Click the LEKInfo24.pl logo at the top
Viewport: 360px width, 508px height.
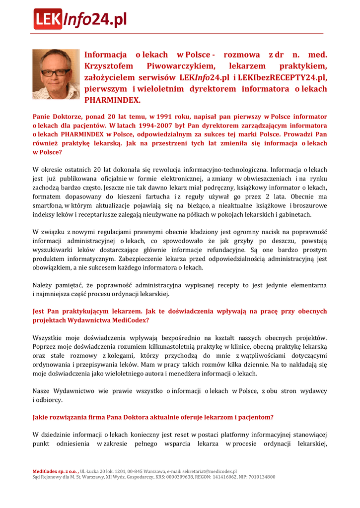pos(80,19)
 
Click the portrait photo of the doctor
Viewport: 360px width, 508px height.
pos(56,74)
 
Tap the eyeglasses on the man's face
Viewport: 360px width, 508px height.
pos(56,72)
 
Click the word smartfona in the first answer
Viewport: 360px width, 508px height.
pos(49,205)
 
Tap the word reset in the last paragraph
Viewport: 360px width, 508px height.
pos(179,435)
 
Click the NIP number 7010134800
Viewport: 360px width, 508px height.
pos(259,477)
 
